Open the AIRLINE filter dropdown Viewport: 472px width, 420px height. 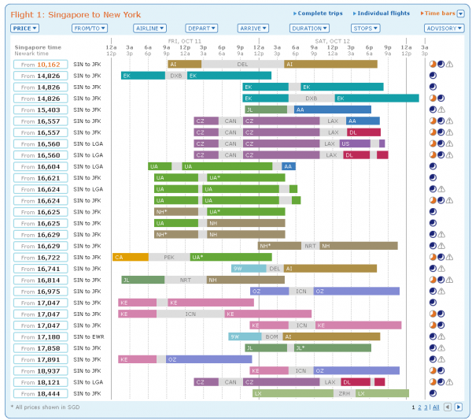point(149,28)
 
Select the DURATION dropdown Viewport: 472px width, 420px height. point(308,28)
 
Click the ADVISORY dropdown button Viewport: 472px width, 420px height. point(443,28)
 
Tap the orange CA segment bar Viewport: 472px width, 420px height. point(130,257)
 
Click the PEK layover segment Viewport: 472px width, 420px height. point(169,257)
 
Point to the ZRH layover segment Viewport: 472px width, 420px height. point(344,393)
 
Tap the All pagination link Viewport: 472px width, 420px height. point(436,407)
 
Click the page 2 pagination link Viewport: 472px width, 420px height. point(420,407)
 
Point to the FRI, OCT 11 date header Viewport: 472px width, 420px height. point(184,39)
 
